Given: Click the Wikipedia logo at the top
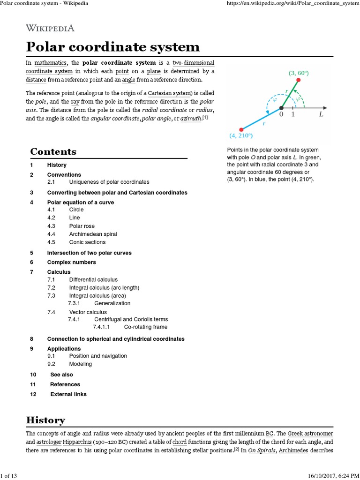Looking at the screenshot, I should point(50,28).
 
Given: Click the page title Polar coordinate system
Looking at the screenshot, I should point(112,47).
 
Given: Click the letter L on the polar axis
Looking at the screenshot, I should point(321,114).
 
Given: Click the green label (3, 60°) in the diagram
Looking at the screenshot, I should point(299,73).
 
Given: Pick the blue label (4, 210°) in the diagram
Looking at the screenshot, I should point(241,136).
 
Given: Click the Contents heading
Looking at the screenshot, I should point(53,152).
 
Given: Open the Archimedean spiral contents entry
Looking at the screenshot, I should point(93,234).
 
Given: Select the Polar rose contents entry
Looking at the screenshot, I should point(82,226).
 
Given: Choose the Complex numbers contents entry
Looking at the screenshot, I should point(71,262).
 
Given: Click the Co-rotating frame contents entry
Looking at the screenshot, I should point(145,327).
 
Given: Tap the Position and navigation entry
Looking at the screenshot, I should point(97,356).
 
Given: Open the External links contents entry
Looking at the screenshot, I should point(68,394).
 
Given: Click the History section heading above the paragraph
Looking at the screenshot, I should point(45,420).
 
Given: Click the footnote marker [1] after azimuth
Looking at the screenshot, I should point(205,117).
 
